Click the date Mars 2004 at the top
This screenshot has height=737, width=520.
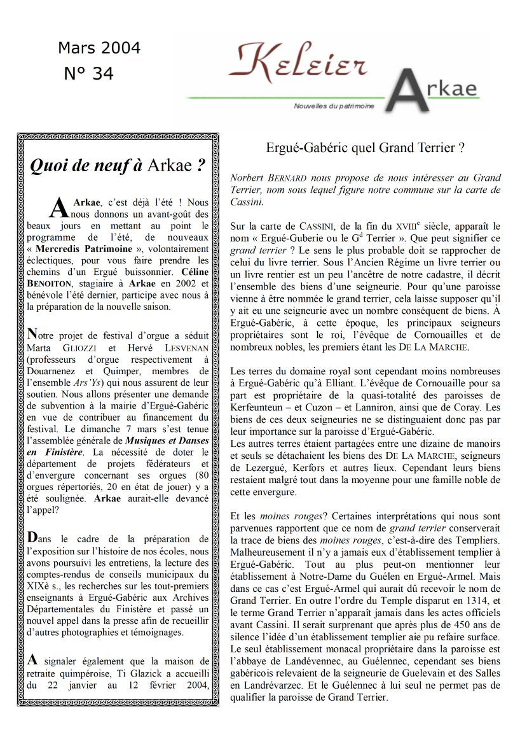(99, 48)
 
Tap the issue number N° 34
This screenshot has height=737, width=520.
(89, 74)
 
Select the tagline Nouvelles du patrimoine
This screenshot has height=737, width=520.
(333, 106)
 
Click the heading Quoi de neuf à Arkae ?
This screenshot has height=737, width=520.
(119, 166)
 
